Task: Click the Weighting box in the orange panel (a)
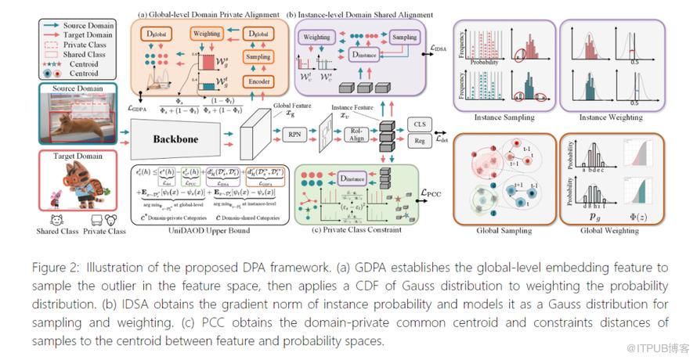tap(208, 34)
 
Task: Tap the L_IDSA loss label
tap(440, 49)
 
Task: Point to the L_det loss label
tap(444, 134)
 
